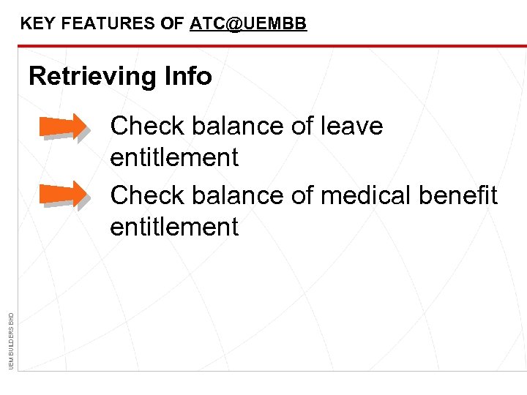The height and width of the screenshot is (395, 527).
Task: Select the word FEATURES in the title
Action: (x=110, y=24)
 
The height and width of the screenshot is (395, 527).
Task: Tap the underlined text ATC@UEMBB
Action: (x=248, y=24)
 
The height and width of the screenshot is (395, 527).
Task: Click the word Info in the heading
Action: (x=188, y=76)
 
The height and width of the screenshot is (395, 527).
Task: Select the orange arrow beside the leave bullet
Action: (x=64, y=127)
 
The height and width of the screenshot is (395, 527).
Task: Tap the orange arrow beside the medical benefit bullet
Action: (x=64, y=195)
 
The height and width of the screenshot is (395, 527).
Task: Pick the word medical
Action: (x=373, y=195)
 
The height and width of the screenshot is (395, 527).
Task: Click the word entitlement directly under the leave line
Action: (x=174, y=157)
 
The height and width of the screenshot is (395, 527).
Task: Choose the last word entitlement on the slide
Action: (x=174, y=227)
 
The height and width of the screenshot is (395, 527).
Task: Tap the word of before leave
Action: (x=302, y=127)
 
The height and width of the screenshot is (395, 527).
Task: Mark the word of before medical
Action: (x=302, y=195)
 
